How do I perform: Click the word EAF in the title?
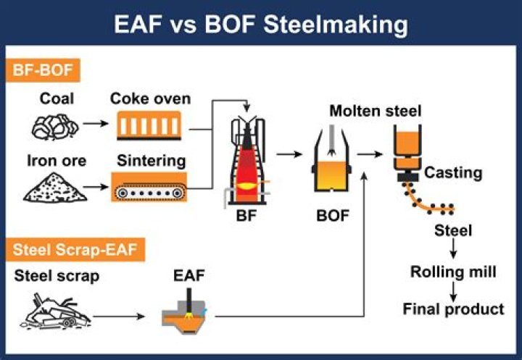point(144,25)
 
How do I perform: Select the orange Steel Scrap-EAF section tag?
point(78,251)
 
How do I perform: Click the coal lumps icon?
point(55,126)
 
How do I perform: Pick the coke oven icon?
point(151,127)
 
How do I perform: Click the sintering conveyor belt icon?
point(149,186)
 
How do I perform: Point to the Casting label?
point(453,172)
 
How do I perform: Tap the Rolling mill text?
point(453,272)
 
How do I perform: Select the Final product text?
point(453,309)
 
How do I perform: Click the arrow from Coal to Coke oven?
point(93,123)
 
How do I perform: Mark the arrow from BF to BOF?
point(287,154)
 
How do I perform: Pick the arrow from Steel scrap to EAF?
point(116,316)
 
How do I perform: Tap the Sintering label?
point(148,161)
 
